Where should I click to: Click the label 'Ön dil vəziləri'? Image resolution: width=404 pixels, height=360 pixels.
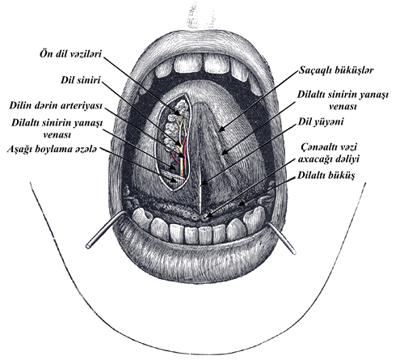tap(70, 54)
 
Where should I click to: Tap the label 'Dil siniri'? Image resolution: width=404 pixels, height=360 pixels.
tap(81, 80)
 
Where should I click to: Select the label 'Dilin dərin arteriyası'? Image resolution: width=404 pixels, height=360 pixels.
tap(56, 105)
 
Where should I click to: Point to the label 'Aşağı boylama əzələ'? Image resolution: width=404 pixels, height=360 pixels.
tap(52, 149)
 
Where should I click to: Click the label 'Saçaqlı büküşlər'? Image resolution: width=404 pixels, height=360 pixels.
tap(336, 70)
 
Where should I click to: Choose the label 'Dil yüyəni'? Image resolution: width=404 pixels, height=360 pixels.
tap(321, 122)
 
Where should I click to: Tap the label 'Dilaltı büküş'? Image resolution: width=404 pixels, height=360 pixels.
tap(326, 176)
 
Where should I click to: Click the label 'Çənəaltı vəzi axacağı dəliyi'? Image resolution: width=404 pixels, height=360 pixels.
tap(329, 153)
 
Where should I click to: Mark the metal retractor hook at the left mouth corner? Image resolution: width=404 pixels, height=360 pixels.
tap(106, 229)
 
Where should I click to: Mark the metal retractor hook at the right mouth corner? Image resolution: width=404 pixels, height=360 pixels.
tap(282, 239)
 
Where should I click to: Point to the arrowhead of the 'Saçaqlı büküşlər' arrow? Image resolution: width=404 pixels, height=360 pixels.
tap(221, 129)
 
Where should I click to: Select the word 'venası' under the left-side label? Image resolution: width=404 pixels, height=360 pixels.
tap(57, 134)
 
